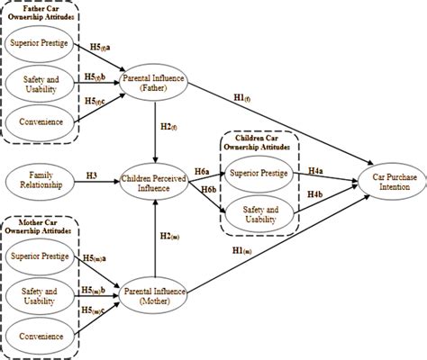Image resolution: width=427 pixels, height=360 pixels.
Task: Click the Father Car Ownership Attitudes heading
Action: pos(41,13)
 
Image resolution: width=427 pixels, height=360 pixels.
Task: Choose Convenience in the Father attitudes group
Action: pos(40,121)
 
